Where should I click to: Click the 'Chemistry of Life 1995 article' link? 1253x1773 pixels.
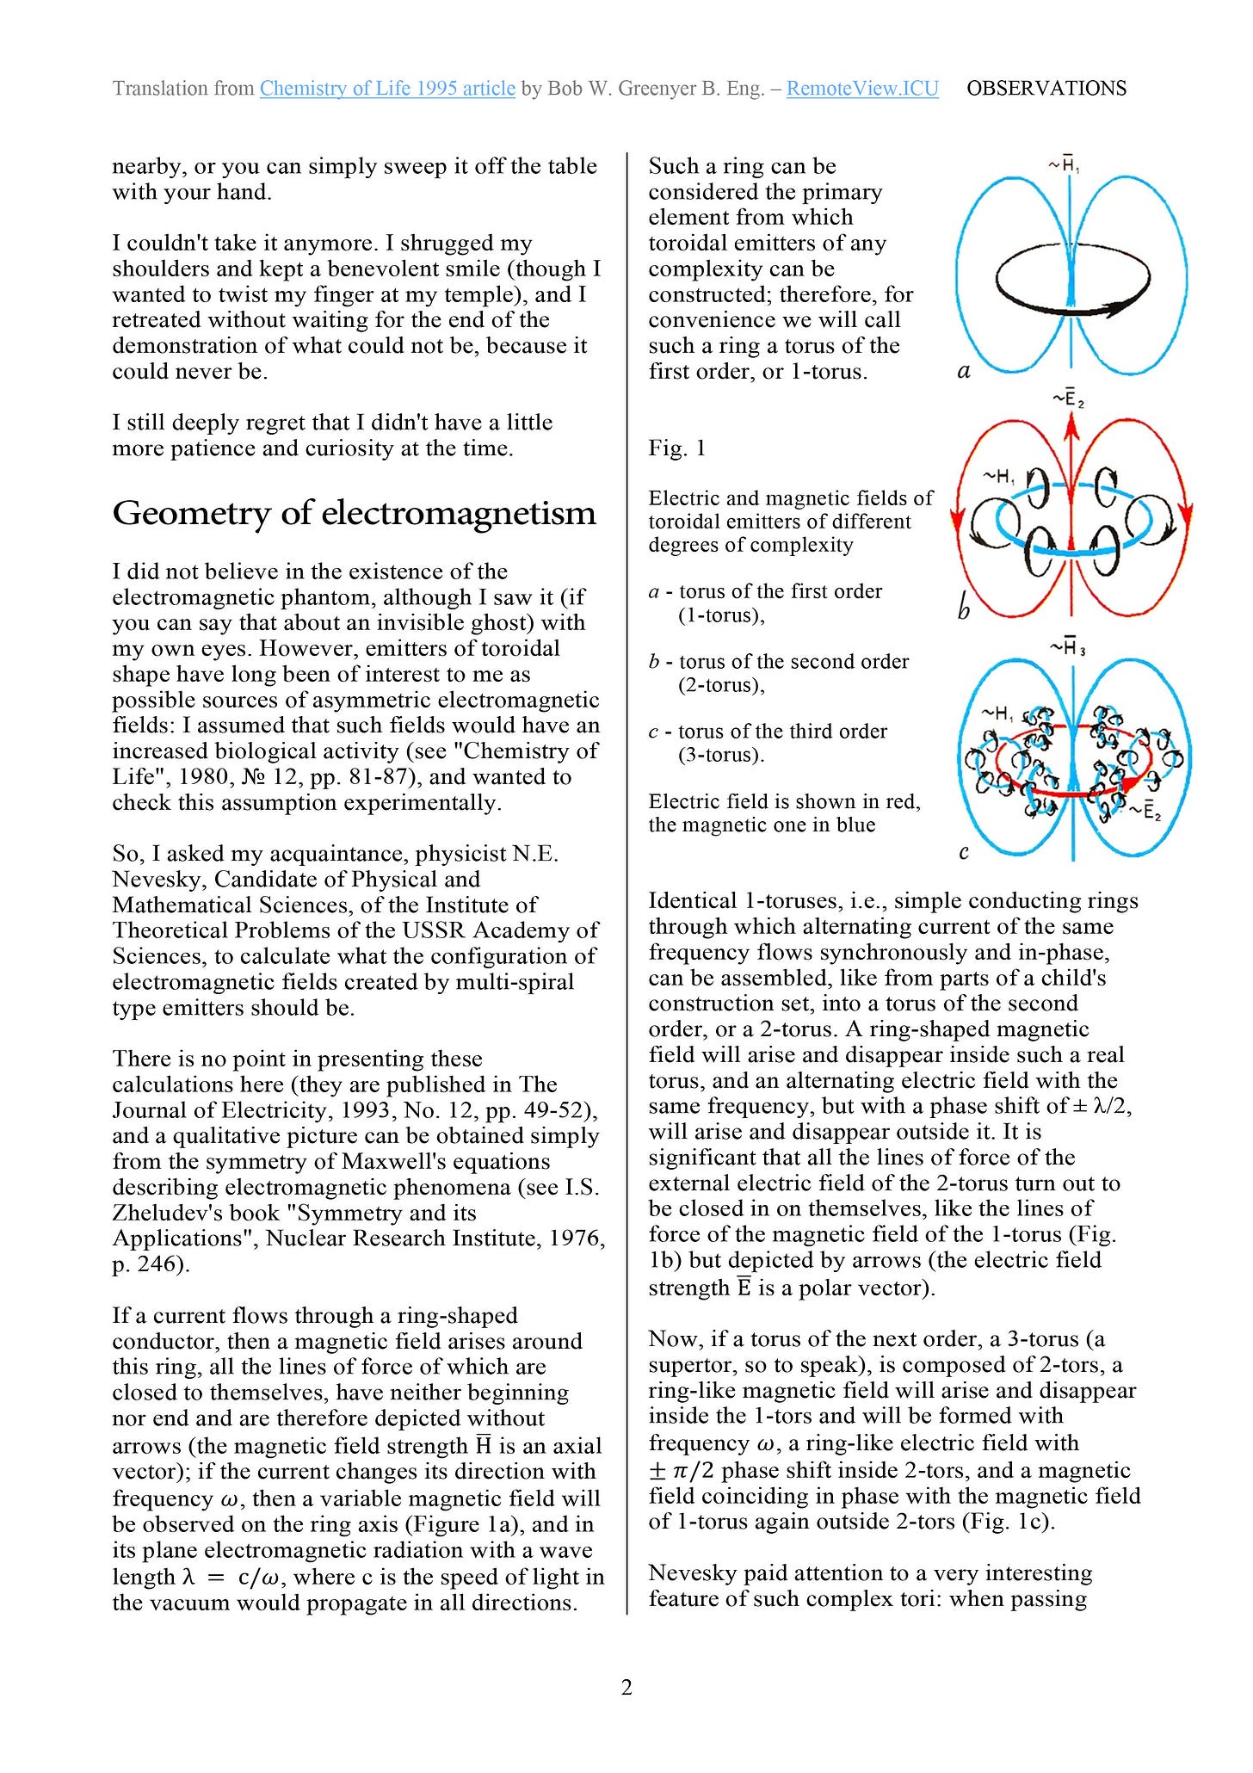[x=387, y=89]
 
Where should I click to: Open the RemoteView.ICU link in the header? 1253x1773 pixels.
[x=862, y=89]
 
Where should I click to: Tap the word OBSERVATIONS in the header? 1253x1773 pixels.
[x=1046, y=89]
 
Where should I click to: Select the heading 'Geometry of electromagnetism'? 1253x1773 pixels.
[x=354, y=513]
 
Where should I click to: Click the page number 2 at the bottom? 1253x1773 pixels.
[x=626, y=1687]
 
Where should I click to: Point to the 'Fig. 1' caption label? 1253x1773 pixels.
[x=677, y=448]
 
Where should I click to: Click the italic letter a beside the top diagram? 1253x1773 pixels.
[x=964, y=372]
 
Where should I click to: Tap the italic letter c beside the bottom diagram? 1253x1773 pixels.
[x=964, y=852]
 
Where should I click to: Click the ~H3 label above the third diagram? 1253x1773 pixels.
[x=1067, y=647]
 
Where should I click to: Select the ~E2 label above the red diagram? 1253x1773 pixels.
[x=1068, y=398]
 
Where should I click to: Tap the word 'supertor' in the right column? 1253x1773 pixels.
[x=696, y=1365]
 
